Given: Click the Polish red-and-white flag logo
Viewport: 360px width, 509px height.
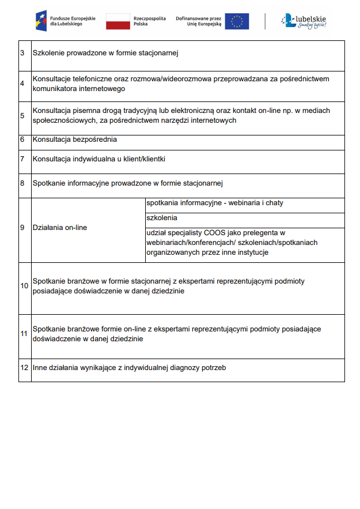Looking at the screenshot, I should pos(118,22).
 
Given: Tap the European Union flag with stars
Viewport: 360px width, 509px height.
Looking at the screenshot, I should pos(237,21).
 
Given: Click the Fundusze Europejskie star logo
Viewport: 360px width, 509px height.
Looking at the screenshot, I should pos(41,21).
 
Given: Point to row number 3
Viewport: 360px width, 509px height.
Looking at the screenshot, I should pos(22,53).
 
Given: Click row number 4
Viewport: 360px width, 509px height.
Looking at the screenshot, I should pos(22,84).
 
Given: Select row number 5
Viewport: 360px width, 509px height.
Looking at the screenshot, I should pos(22,115).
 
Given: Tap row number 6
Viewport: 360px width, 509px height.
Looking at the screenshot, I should pos(22,139).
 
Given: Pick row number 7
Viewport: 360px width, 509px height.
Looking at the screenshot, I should pos(22,159).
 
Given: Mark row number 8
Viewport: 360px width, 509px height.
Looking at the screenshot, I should pos(22,183).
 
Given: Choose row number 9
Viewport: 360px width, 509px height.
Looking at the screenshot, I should pos(22,228).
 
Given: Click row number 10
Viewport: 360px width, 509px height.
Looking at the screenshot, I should pos(24,286).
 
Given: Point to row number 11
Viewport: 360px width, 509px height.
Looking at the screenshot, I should pos(24,334).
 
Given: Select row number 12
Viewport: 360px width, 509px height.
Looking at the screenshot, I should pos(24,367).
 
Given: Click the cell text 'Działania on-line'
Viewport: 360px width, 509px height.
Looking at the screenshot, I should pos(60,228).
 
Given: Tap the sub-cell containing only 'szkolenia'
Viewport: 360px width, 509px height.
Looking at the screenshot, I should pos(162,218).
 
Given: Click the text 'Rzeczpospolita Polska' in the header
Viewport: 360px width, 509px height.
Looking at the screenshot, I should pos(149,21).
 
